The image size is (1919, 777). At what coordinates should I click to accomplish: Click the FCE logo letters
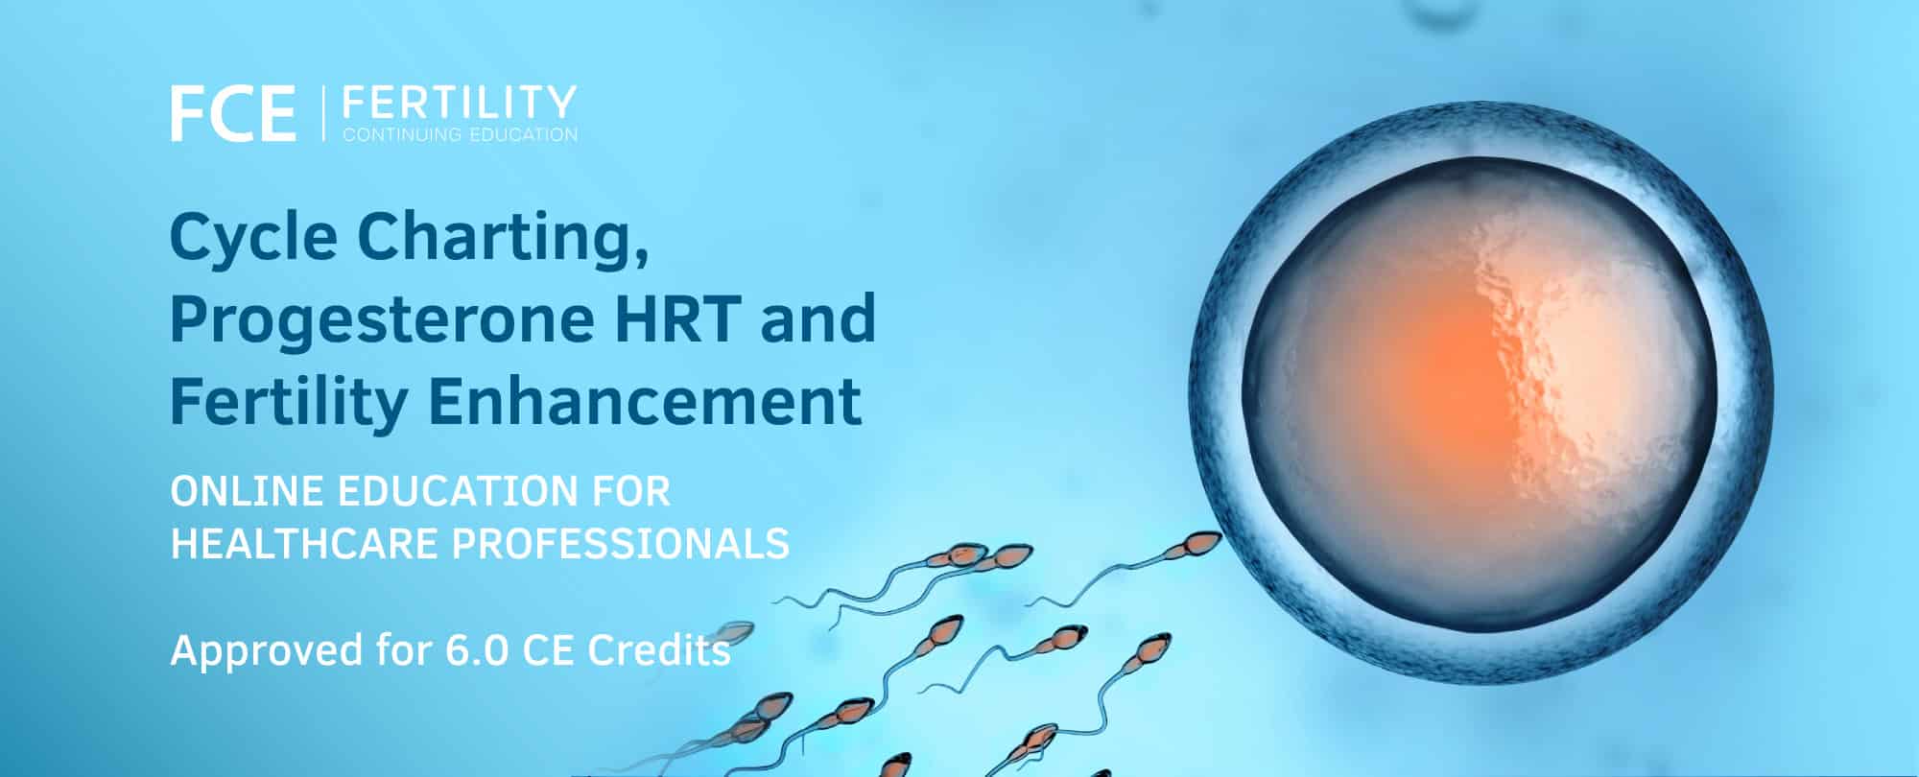click(x=233, y=114)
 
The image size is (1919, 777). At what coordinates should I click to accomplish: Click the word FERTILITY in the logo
click(x=460, y=102)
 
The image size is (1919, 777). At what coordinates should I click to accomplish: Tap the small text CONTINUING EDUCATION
click(x=460, y=134)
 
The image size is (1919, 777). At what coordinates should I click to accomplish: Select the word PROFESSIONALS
click(x=621, y=544)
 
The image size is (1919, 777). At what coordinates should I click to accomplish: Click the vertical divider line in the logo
click(x=320, y=114)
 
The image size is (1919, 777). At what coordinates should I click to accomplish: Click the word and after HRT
click(x=818, y=318)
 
